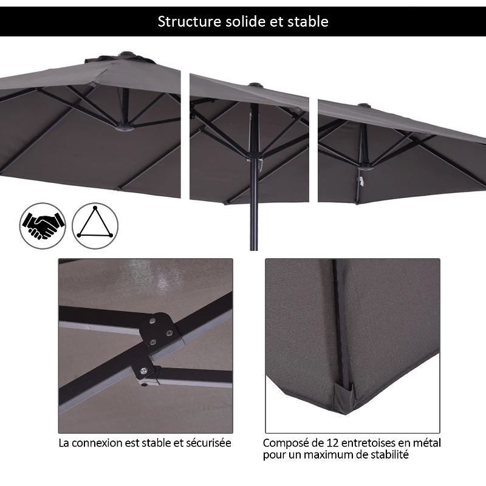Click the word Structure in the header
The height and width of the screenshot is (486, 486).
click(189, 21)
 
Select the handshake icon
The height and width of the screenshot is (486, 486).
click(43, 225)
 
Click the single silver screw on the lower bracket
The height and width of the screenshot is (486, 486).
click(143, 370)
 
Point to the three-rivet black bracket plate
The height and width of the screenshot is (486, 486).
click(159, 330)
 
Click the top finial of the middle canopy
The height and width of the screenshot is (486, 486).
click(255, 85)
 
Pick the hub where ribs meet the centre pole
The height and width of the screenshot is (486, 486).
click(253, 155)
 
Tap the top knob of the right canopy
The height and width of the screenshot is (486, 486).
click(365, 106)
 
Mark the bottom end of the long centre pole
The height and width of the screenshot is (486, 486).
click(254, 250)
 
